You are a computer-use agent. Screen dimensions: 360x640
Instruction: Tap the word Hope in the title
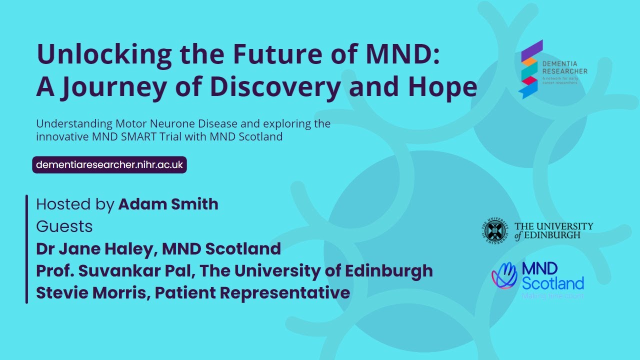tap(445, 87)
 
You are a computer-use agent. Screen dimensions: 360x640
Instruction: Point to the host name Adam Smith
tap(168, 204)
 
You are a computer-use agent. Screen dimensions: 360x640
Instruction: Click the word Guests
tap(64, 226)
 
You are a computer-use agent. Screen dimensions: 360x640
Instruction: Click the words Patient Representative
tap(252, 293)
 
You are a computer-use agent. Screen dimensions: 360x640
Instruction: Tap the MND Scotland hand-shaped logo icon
tap(504, 275)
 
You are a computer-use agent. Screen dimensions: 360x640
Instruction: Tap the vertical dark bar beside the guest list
tap(26, 249)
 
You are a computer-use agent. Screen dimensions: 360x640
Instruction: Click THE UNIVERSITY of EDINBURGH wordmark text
tap(553, 230)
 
